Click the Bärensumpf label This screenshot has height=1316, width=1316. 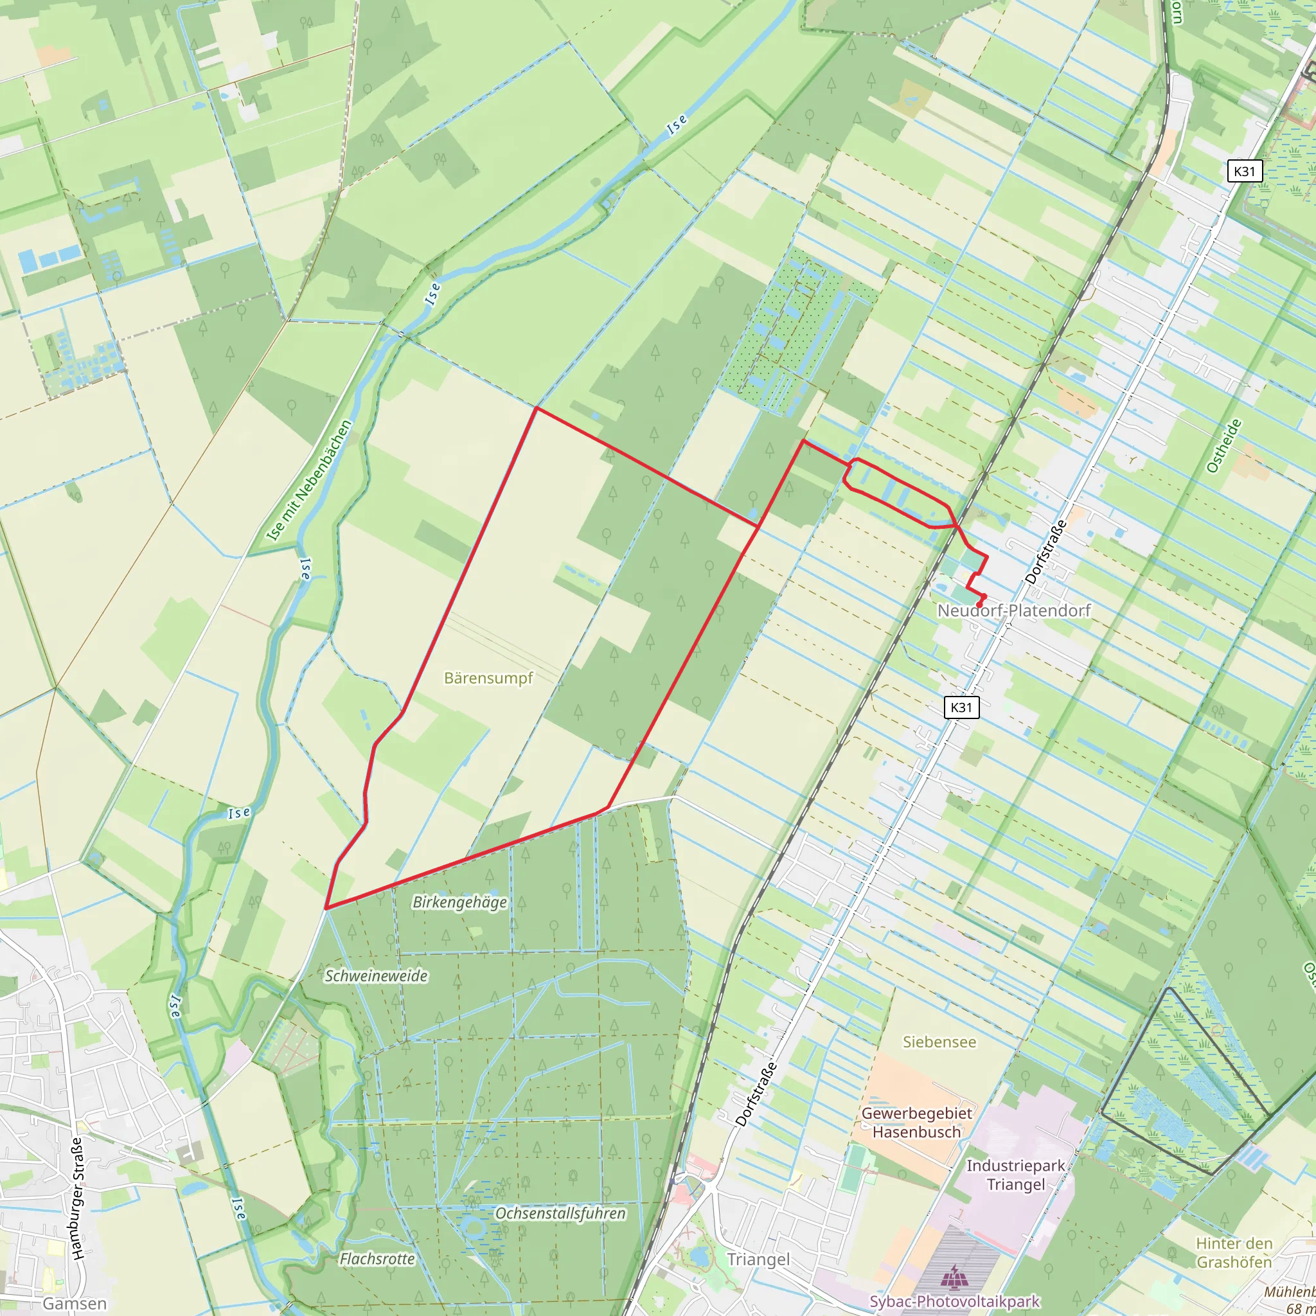(x=488, y=678)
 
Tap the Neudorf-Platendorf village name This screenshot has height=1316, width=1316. (x=1013, y=610)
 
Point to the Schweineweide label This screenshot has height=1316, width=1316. (x=376, y=975)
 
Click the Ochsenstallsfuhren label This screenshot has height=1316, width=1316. (x=560, y=1213)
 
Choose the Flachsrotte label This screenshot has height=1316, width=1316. (x=377, y=1259)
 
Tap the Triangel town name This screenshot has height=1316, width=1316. (x=758, y=1259)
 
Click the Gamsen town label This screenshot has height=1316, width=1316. (x=75, y=1304)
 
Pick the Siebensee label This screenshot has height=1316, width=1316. (x=939, y=1042)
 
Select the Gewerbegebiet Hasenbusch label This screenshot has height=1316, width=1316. (x=917, y=1123)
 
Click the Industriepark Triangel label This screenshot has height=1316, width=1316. (x=1016, y=1175)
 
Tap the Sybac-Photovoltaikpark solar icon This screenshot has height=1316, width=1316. (x=955, y=1274)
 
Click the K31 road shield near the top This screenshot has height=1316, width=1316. (x=1245, y=171)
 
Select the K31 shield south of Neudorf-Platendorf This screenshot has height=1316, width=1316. (x=961, y=707)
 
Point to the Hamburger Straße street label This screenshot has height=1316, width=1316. (x=77, y=1198)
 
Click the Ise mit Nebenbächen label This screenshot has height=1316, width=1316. (x=310, y=480)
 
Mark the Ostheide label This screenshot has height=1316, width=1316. (x=1224, y=446)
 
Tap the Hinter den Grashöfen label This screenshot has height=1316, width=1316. (x=1234, y=1252)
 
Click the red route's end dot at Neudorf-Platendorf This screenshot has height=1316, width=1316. (x=980, y=604)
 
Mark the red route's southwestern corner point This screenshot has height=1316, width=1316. (x=327, y=908)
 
